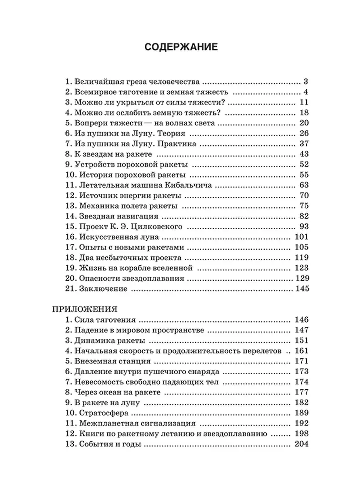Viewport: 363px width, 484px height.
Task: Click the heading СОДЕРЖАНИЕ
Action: tap(181, 47)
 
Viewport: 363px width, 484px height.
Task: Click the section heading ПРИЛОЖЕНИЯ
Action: tap(85, 309)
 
